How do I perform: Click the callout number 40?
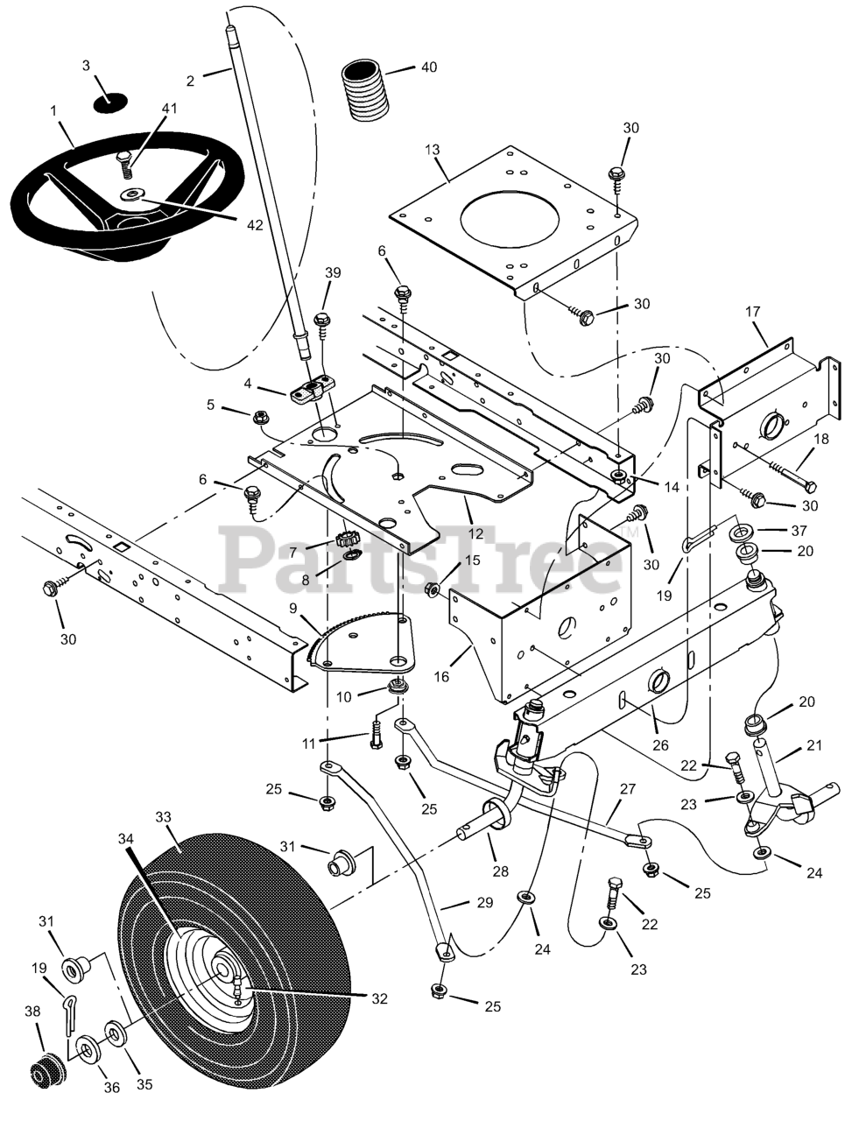click(429, 67)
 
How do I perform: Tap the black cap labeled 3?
click(110, 102)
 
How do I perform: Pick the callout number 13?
click(433, 150)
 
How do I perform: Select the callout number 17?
click(752, 312)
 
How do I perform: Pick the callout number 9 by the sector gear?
click(292, 609)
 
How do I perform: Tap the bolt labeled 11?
click(375, 737)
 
